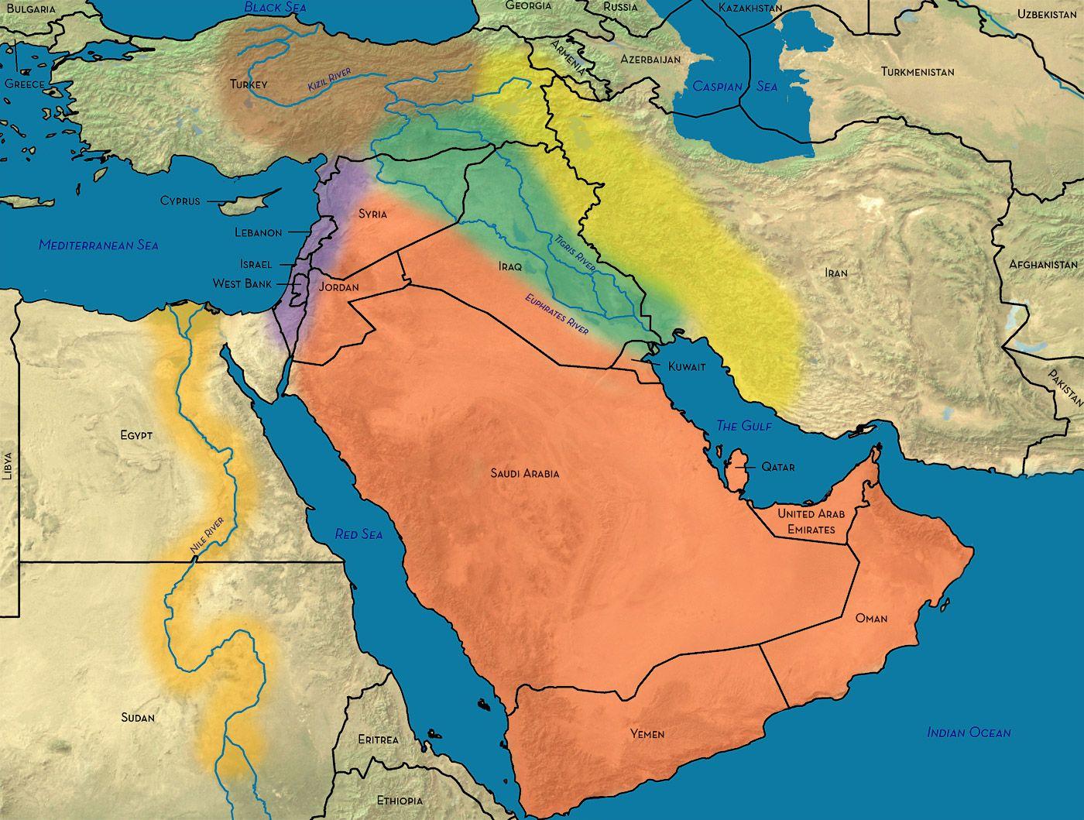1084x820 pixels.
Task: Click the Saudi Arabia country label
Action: pos(524,473)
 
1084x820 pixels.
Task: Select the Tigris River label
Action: pos(574,252)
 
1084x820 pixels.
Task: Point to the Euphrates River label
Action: pos(556,314)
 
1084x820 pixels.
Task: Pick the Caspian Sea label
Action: pos(735,86)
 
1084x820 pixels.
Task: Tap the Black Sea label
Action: pos(275,7)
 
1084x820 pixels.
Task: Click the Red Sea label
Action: pos(358,534)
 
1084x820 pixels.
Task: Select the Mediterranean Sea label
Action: pos(98,245)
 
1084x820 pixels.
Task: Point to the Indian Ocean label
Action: pos(969,733)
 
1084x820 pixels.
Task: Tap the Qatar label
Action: pos(777,467)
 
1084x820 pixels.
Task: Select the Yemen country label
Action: pos(647,733)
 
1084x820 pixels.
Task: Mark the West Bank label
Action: pos(242,283)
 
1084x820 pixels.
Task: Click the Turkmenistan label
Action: pos(917,71)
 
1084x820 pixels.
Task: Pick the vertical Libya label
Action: pos(9,466)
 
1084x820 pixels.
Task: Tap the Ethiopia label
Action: pos(400,800)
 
